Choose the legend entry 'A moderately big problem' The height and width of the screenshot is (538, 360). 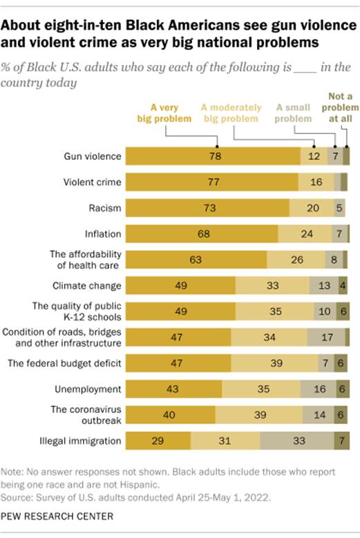[x=231, y=113]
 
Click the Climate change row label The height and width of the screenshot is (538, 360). [x=88, y=286]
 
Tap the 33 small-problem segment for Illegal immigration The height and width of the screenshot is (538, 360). [x=298, y=440]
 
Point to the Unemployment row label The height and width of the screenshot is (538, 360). [x=91, y=389]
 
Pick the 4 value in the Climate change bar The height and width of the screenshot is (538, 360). [x=343, y=286]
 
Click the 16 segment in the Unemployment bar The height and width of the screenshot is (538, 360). [x=319, y=389]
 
